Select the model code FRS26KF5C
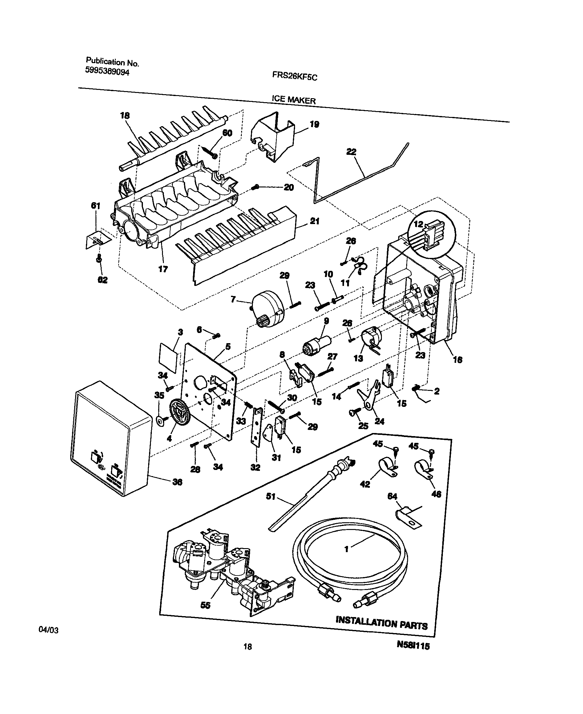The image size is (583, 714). click(294, 77)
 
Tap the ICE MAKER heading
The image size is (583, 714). click(294, 100)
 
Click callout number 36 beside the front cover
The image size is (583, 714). click(177, 482)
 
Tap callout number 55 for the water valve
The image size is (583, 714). click(205, 605)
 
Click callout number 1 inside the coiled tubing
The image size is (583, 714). click(346, 549)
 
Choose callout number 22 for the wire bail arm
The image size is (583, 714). click(351, 152)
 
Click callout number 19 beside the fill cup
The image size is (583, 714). click(314, 124)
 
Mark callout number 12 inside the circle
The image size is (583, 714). click(419, 224)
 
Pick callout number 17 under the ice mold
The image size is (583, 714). click(163, 269)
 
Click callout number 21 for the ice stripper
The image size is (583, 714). click(314, 222)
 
